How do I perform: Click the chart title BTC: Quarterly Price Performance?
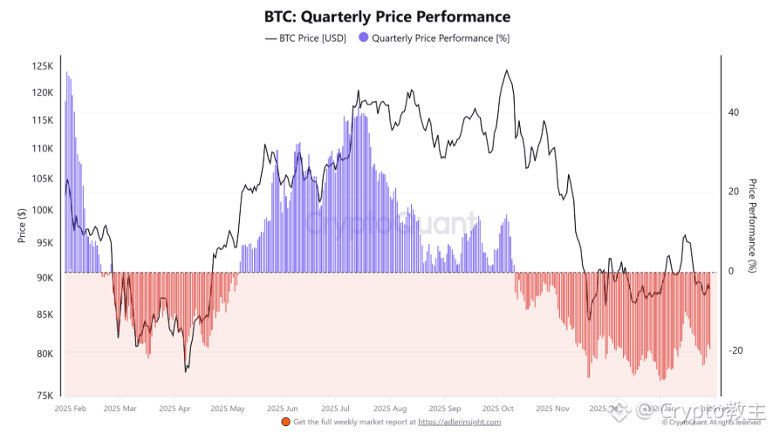(386, 17)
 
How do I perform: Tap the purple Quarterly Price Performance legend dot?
(364, 38)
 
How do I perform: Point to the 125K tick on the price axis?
(43, 66)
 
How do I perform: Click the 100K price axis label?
(43, 210)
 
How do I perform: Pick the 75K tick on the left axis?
(45, 396)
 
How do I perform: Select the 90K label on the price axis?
(45, 278)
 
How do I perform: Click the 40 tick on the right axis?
(734, 112)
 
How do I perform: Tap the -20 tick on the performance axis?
(736, 351)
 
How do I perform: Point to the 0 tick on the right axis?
(731, 271)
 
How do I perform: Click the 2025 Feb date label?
(70, 408)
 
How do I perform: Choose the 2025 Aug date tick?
(388, 408)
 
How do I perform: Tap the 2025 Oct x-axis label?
(498, 408)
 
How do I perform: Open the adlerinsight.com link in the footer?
(460, 423)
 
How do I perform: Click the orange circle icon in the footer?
(285, 423)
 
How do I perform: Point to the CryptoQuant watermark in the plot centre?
(393, 224)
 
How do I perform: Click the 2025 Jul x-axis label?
(336, 408)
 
